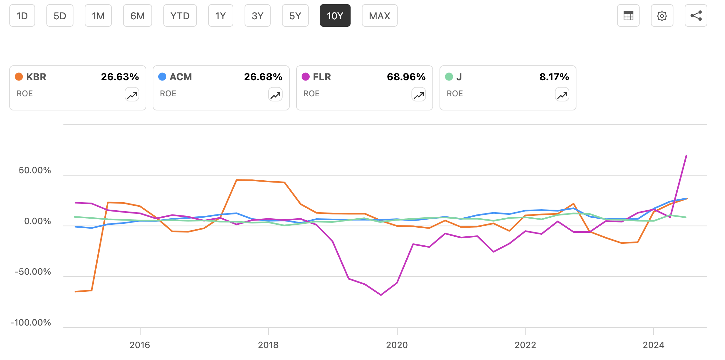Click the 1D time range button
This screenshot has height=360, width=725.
[x=22, y=16]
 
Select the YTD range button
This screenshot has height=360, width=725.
[x=180, y=16]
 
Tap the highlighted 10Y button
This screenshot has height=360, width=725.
[x=335, y=16]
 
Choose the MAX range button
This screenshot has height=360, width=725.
[x=379, y=16]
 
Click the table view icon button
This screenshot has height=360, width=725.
[x=628, y=16]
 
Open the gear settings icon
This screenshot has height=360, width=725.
[x=662, y=16]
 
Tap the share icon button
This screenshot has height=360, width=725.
[x=696, y=16]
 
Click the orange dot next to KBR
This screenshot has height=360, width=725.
[x=19, y=77]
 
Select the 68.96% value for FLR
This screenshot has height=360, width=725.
[x=406, y=77]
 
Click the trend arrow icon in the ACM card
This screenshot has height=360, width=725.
[x=275, y=95]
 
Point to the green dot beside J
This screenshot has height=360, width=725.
[x=449, y=77]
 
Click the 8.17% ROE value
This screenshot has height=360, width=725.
[x=554, y=77]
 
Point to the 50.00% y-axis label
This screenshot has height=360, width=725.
[x=35, y=170]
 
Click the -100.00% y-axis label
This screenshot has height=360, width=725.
[x=31, y=323]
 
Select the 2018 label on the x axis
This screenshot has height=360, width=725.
[x=268, y=345]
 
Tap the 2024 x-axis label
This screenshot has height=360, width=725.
[x=653, y=345]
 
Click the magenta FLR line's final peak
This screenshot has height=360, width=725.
[x=686, y=156]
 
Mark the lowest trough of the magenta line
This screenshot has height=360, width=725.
[x=381, y=295]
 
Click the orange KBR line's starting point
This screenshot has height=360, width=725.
[x=75, y=292]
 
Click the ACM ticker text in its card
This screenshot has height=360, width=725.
[x=180, y=77]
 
